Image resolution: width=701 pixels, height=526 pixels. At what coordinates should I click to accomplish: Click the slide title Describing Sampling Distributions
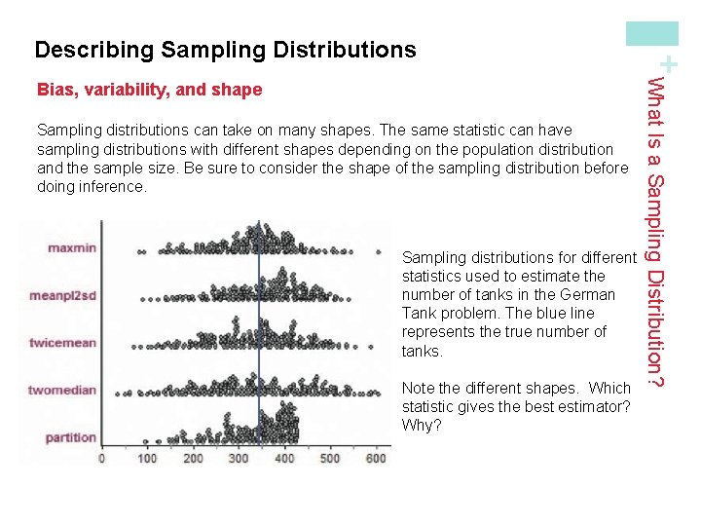225,50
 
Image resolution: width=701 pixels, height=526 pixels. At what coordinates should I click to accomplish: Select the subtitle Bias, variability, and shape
149,91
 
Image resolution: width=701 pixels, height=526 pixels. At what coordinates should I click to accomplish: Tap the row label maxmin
72,247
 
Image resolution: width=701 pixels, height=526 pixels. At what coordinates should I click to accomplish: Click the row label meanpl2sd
63,295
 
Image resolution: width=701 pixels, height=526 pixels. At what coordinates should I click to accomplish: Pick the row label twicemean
63,343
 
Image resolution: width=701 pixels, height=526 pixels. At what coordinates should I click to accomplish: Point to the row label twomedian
62,391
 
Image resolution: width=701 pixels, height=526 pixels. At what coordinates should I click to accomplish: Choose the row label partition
71,437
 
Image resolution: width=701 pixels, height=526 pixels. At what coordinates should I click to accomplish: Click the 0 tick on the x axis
102,458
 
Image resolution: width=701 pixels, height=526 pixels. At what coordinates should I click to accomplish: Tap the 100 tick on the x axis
148,458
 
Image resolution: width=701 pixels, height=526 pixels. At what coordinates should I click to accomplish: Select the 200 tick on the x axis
194,458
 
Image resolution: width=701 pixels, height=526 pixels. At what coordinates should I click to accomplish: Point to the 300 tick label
240,458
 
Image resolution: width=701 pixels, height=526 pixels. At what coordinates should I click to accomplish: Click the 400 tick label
285,458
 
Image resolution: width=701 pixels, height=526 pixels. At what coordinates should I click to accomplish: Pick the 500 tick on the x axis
331,458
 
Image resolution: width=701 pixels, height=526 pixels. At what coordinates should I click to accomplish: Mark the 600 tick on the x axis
376,458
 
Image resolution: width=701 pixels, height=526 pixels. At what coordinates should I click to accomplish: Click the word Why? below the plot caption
422,425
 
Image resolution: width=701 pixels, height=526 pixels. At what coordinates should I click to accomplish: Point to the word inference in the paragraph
108,186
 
